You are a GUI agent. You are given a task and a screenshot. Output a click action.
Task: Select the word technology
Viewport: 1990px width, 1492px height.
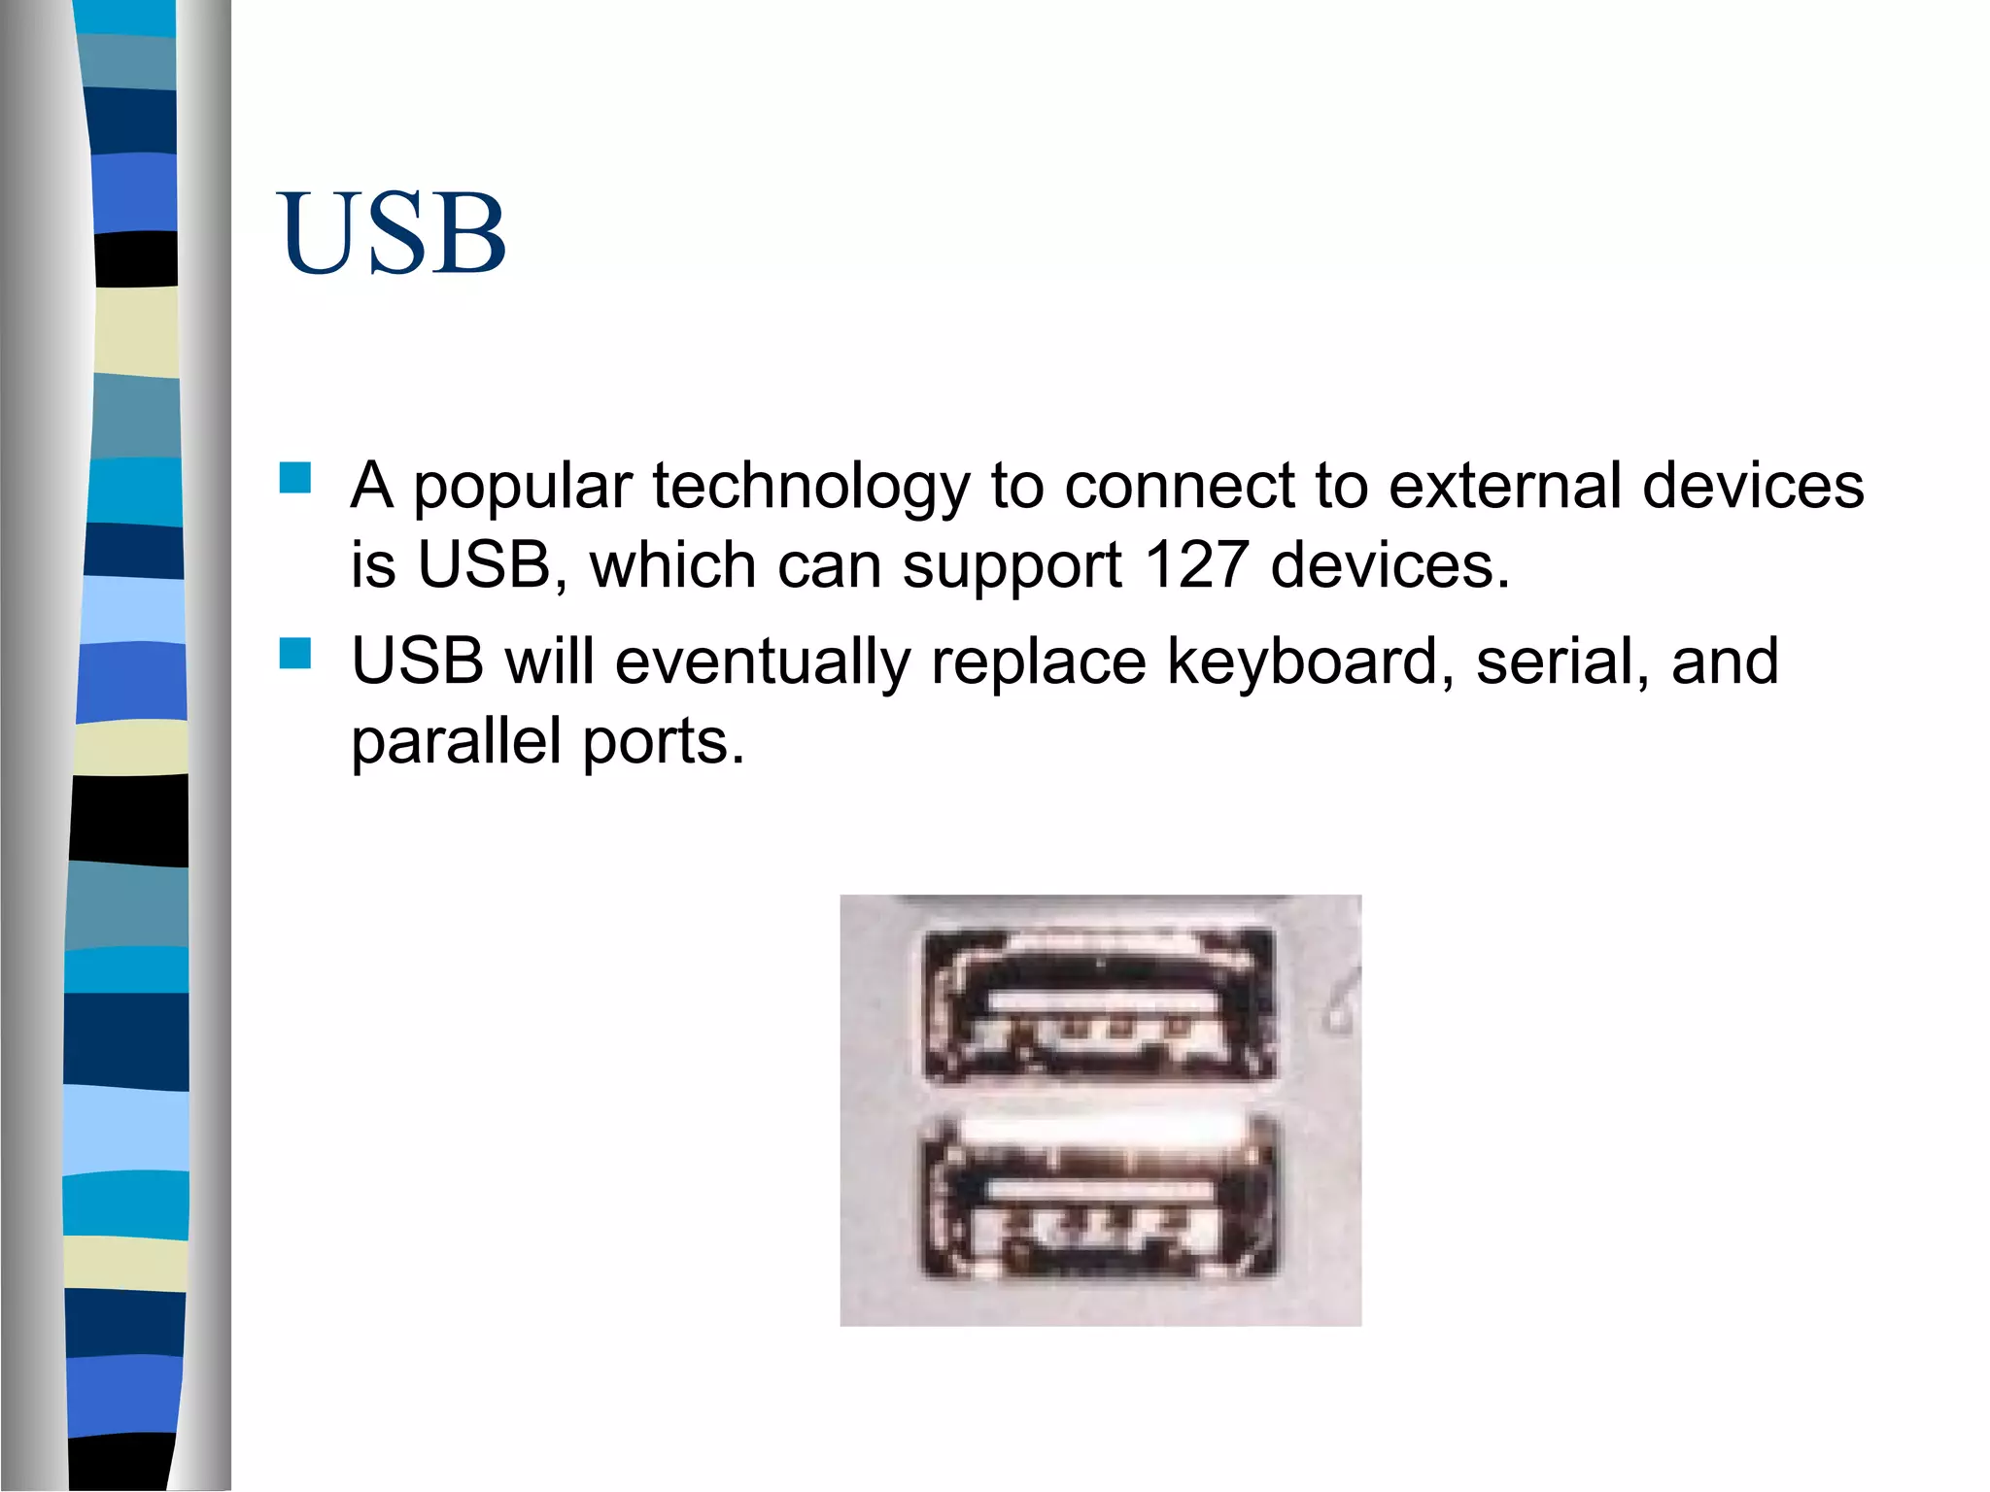[810, 488]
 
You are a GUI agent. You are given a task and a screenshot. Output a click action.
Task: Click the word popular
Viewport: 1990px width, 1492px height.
[523, 488]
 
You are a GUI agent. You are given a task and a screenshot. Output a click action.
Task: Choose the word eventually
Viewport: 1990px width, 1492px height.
[763, 663]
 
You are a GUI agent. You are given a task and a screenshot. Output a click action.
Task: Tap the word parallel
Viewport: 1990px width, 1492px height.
[456, 742]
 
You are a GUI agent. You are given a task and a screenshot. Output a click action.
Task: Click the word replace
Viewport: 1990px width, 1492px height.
[1039, 663]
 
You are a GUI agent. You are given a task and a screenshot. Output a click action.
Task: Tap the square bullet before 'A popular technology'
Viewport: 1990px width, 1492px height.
[294, 478]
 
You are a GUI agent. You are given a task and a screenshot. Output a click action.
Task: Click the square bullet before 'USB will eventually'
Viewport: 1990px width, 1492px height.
[294, 654]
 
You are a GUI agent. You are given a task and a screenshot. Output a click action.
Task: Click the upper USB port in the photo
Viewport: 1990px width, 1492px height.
[1099, 1004]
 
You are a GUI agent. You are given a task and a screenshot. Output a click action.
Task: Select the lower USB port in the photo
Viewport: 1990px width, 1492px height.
[1099, 1197]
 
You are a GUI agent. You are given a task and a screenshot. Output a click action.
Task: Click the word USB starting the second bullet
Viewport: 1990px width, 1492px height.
[418, 661]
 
